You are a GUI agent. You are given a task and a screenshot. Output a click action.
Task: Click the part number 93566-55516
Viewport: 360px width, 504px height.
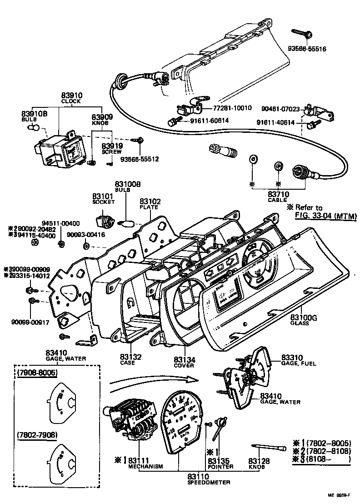[x=307, y=48]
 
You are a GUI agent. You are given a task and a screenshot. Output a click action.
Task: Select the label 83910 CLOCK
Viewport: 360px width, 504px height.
[x=71, y=98]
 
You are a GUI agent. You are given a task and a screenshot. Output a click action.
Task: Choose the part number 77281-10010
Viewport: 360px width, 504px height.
[x=232, y=108]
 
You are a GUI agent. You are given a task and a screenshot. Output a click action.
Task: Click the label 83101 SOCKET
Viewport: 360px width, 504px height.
[x=103, y=198]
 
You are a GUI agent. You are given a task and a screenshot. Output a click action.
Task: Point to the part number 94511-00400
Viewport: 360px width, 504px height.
[x=60, y=223]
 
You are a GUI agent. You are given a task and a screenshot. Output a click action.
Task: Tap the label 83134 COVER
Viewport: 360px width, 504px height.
[x=185, y=362]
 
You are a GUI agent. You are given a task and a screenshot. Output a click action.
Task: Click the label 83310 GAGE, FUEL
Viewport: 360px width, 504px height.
[x=298, y=360]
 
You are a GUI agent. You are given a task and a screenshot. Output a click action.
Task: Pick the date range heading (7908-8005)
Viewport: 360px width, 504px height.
[x=37, y=373]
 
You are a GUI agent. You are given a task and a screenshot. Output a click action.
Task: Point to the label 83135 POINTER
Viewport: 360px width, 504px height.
[x=220, y=464]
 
